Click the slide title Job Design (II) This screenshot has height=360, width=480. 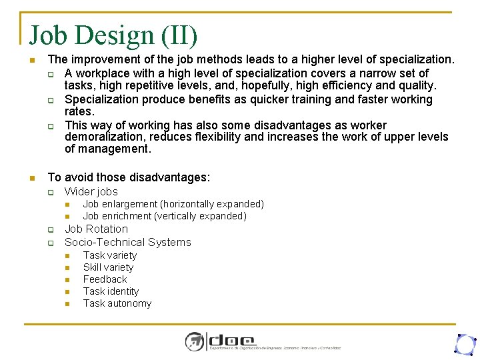click(113, 35)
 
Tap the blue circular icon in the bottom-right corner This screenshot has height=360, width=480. click(464, 343)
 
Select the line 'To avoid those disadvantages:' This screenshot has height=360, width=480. click(129, 177)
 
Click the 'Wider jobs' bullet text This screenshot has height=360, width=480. click(91, 191)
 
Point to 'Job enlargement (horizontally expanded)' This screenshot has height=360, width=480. click(173, 204)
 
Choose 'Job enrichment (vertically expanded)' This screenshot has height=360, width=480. click(165, 216)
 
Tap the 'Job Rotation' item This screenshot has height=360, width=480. click(96, 229)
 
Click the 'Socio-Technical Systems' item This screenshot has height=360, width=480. click(127, 242)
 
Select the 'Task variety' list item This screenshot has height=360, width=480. click(109, 255)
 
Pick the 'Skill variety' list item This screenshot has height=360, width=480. click(108, 267)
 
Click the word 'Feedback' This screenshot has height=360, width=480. click(105, 279)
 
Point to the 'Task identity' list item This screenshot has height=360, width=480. click(111, 291)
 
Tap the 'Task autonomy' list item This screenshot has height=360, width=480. click(117, 303)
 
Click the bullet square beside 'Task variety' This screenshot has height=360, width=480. click(67, 256)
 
